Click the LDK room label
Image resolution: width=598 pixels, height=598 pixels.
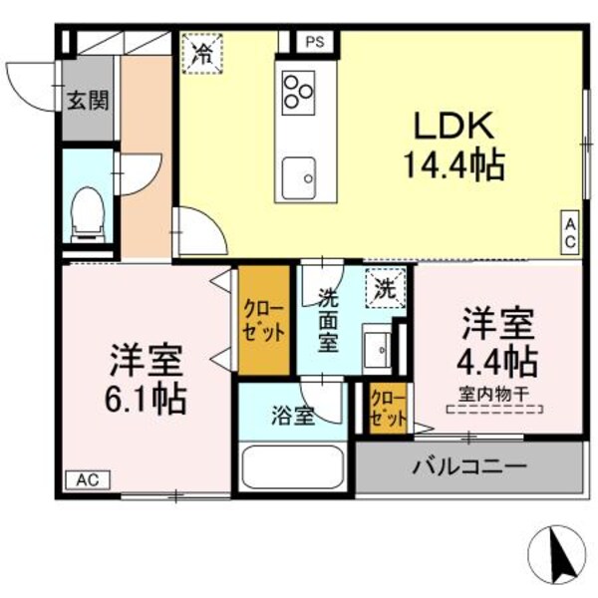[452, 127]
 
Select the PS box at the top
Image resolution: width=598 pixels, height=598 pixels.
[315, 42]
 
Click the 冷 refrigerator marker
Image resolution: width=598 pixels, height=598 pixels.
[202, 53]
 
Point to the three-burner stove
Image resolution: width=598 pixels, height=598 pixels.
[297, 92]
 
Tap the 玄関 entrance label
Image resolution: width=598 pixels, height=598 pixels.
[88, 100]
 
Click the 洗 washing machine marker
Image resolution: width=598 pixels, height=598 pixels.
[384, 289]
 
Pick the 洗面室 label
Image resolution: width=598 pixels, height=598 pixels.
[329, 319]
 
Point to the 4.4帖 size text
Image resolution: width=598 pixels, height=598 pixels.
[498, 359]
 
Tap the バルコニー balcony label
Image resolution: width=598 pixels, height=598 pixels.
[469, 466]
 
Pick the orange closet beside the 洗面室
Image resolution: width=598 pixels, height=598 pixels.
[265, 319]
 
